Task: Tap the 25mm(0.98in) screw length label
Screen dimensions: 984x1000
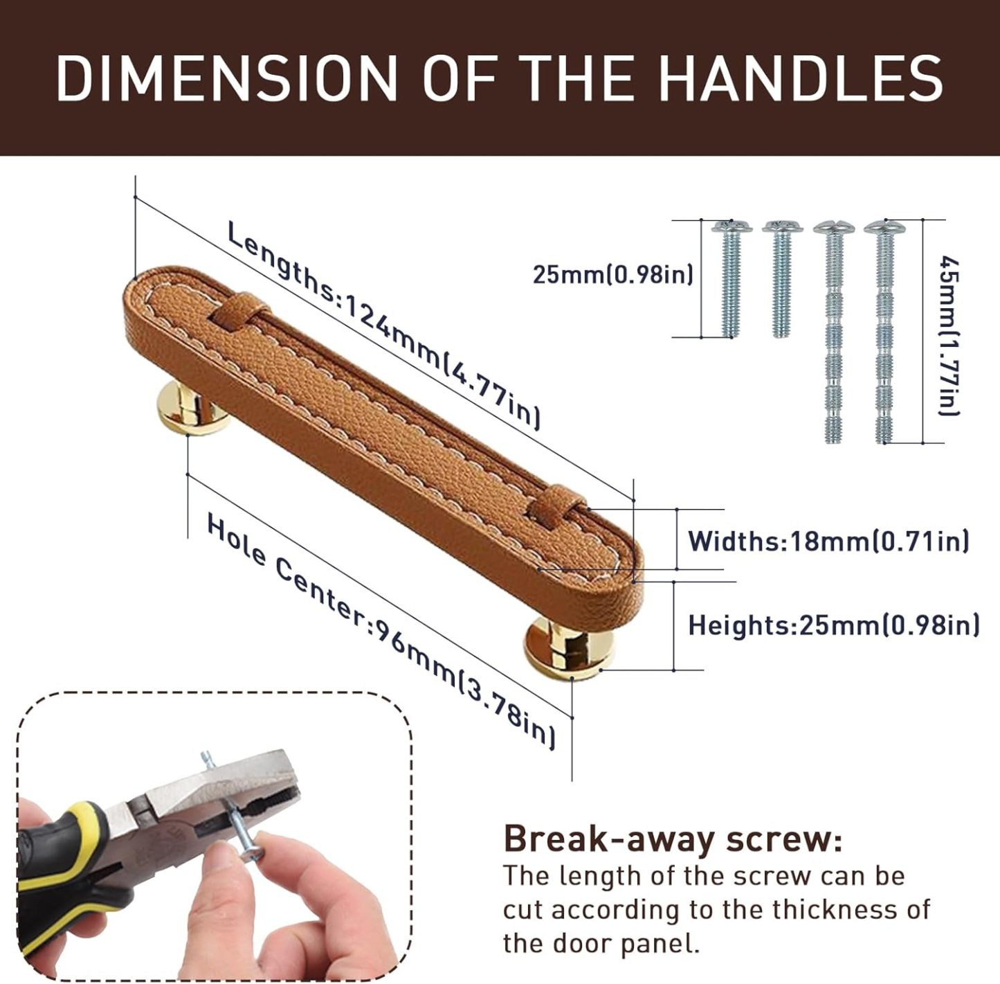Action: pos(612,275)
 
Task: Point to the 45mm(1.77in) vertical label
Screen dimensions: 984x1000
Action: pos(949,336)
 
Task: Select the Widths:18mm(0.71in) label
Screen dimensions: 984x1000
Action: pos(828,541)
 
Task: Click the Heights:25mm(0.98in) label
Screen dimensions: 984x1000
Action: pos(833,625)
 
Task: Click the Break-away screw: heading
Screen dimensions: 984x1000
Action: pos(673,839)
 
